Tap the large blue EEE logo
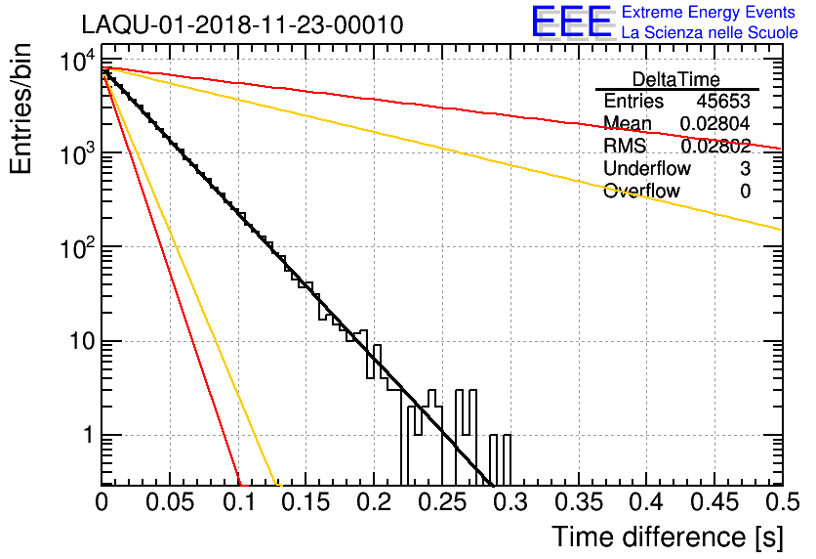[x=571, y=22]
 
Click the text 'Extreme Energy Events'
[x=709, y=13]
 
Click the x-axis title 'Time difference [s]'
[x=667, y=537]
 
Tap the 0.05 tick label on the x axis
[x=171, y=502]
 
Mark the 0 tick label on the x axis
[x=102, y=502]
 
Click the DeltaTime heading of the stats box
[x=676, y=79]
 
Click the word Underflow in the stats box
[x=646, y=168]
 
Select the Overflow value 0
[x=745, y=191]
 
